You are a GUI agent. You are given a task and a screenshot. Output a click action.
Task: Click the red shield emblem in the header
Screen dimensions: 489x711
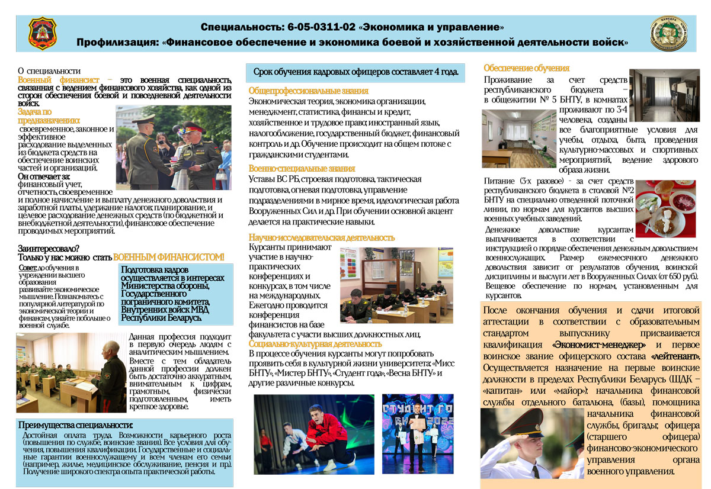[x=43, y=34]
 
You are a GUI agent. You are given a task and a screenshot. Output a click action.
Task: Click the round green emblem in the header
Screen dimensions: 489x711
[x=669, y=34]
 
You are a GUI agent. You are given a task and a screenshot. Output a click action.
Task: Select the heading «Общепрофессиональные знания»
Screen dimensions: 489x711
[x=308, y=91]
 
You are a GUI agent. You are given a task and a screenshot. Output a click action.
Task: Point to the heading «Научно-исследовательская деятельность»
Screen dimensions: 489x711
[x=321, y=237]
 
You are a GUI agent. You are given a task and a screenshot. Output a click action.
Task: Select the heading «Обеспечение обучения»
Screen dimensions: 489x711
[x=526, y=68]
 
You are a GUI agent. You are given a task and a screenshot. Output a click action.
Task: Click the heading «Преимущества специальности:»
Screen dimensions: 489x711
[x=76, y=425]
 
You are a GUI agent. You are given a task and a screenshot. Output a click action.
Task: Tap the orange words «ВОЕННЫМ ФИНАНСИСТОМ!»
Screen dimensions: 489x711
[x=169, y=257]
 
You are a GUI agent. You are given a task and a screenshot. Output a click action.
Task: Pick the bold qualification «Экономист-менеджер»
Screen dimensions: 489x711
[x=598, y=345]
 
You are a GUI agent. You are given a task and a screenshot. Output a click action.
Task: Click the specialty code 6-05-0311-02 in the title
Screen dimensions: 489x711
[x=321, y=27]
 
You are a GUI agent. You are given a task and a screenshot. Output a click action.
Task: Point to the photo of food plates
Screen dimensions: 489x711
[x=665, y=208]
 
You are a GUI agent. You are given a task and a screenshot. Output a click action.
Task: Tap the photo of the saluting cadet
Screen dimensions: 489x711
[x=531, y=443]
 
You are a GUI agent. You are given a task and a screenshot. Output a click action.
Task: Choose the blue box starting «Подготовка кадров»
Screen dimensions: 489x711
[x=172, y=294]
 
